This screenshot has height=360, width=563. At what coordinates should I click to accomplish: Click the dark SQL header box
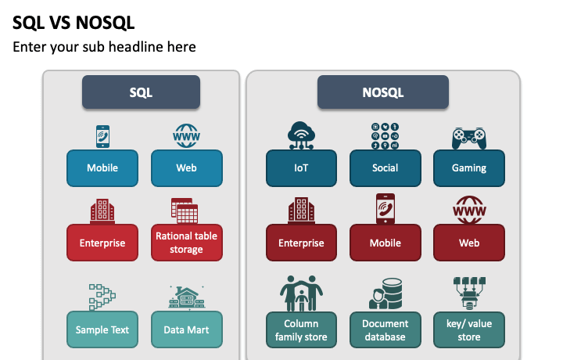pyautogui.click(x=141, y=92)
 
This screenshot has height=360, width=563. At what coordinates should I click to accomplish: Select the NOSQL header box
pyautogui.click(x=382, y=92)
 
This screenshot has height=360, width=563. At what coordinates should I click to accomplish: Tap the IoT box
pyautogui.click(x=301, y=168)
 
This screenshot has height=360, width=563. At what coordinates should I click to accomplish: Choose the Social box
pyautogui.click(x=385, y=168)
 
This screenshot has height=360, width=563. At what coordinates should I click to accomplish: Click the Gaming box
pyautogui.click(x=469, y=168)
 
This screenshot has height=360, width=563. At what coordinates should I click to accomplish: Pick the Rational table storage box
pyautogui.click(x=187, y=243)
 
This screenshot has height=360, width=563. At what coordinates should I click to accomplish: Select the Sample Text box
pyautogui.click(x=102, y=329)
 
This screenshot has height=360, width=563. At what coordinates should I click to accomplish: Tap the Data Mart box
pyautogui.click(x=187, y=329)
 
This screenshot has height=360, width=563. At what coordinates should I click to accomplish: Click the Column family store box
pyautogui.click(x=301, y=329)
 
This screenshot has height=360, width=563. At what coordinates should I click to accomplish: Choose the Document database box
pyautogui.click(x=385, y=329)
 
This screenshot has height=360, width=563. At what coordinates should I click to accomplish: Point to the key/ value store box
pyautogui.click(x=469, y=329)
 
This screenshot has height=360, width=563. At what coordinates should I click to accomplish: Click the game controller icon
pyautogui.click(x=469, y=139)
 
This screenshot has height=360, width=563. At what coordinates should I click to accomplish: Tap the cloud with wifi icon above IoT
pyautogui.click(x=301, y=135)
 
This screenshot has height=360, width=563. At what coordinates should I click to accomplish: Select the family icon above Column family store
pyautogui.click(x=301, y=293)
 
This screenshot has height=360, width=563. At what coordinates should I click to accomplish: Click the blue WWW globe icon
pyautogui.click(x=186, y=136)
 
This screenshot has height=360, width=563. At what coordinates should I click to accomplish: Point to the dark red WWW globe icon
pyautogui.click(x=469, y=210)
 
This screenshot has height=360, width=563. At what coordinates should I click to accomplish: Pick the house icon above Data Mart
pyautogui.click(x=187, y=297)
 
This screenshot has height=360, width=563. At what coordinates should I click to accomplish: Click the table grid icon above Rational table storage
pyautogui.click(x=185, y=211)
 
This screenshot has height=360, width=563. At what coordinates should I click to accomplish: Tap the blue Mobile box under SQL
pyautogui.click(x=102, y=168)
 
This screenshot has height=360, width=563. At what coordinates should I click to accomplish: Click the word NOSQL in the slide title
pyautogui.click(x=106, y=23)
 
